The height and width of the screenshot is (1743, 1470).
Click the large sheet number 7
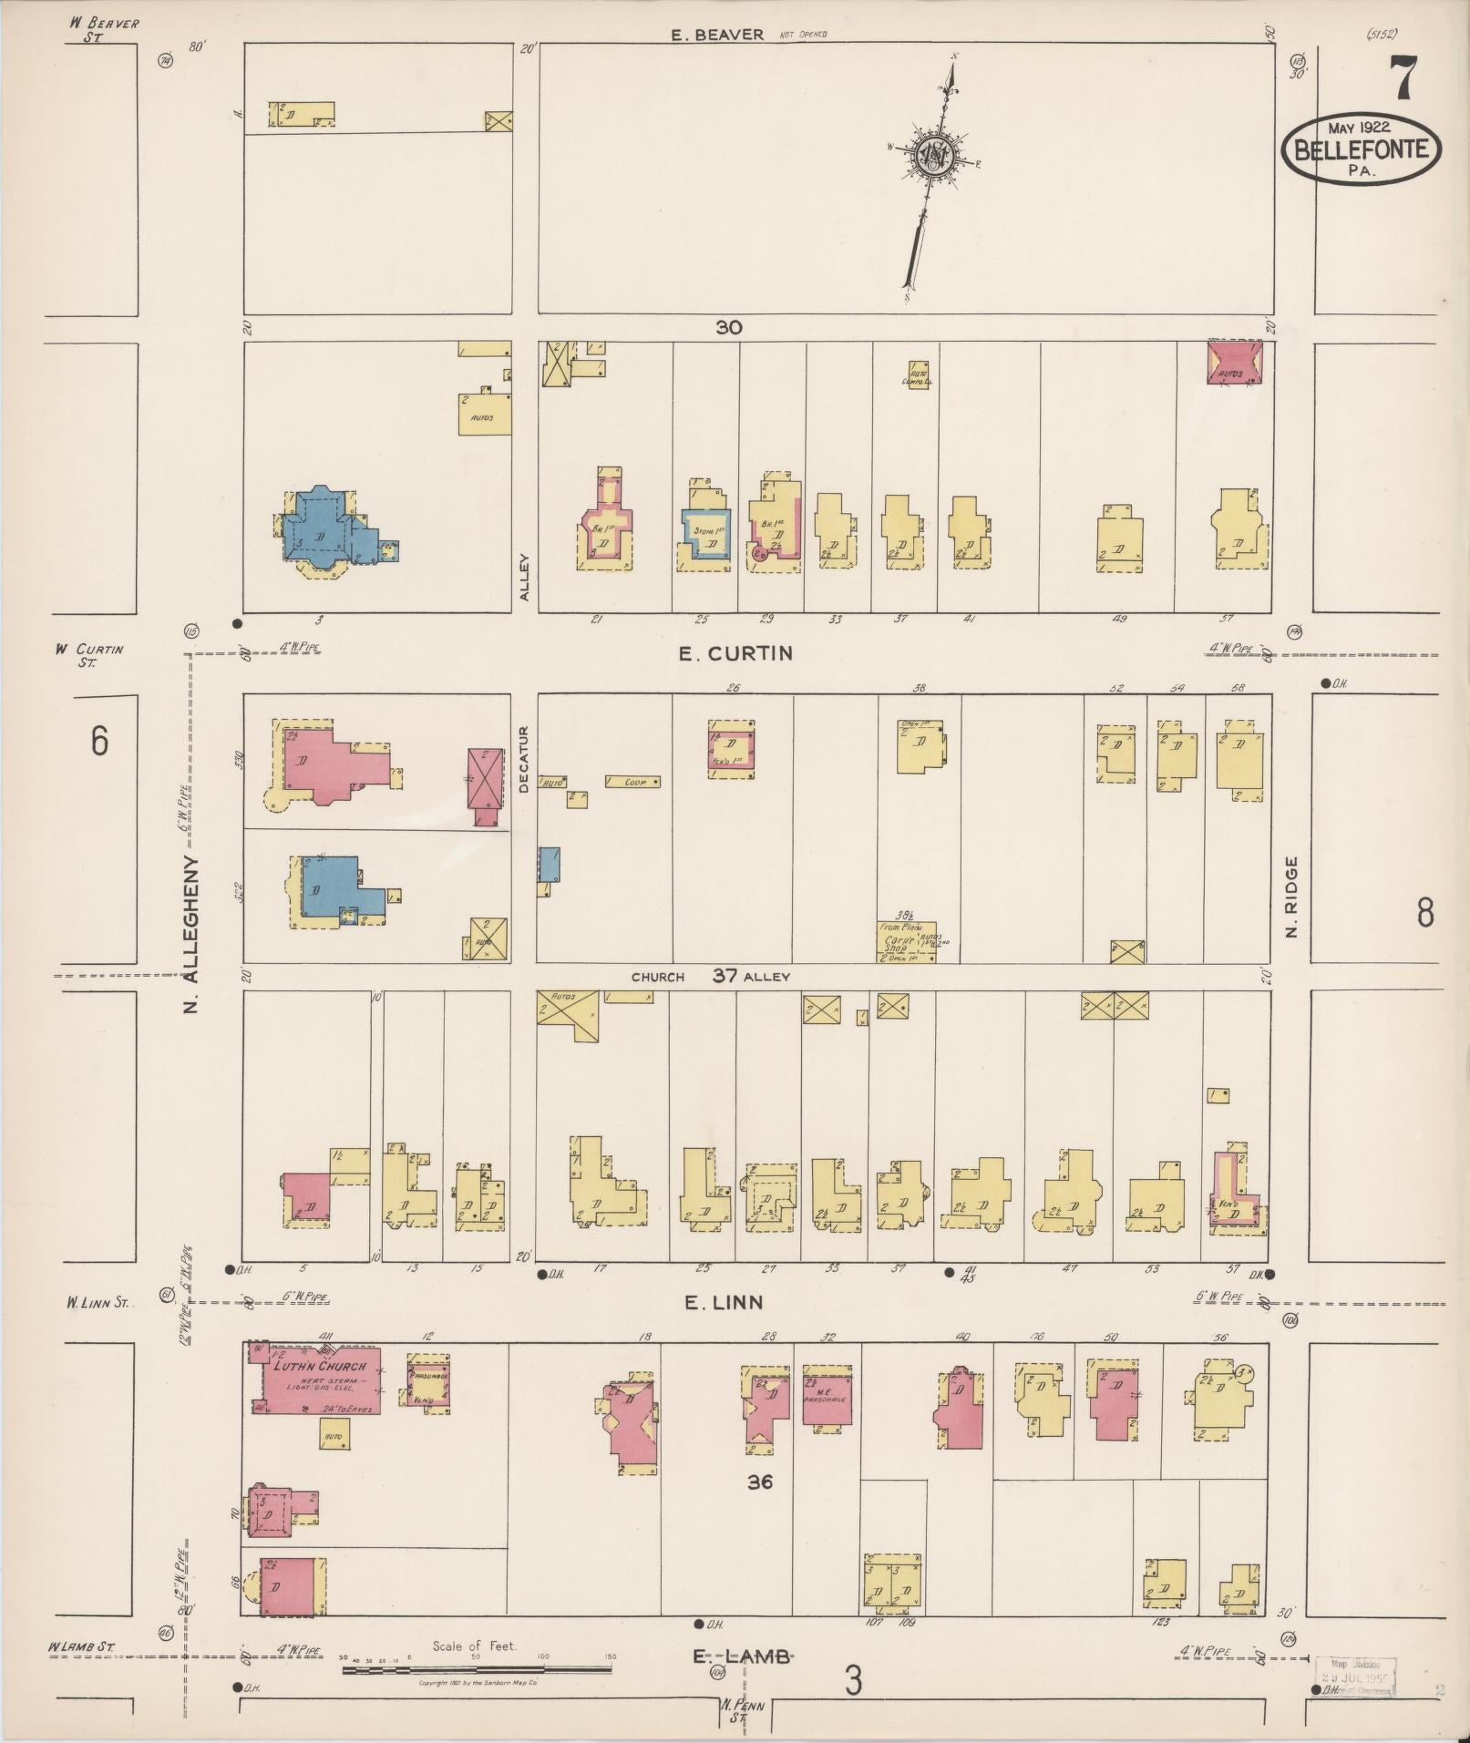click(x=1403, y=77)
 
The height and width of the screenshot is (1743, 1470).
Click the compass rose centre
click(x=935, y=156)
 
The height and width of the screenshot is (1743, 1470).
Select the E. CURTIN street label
click(x=748, y=653)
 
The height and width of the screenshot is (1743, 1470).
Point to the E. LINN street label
click(x=724, y=1303)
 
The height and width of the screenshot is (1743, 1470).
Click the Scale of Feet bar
click(x=476, y=1670)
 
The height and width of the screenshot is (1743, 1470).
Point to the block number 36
click(x=759, y=1482)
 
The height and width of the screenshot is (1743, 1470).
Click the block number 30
click(x=728, y=327)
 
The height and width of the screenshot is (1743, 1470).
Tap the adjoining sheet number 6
click(x=98, y=741)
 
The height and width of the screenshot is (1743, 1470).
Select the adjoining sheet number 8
click(x=1425, y=912)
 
